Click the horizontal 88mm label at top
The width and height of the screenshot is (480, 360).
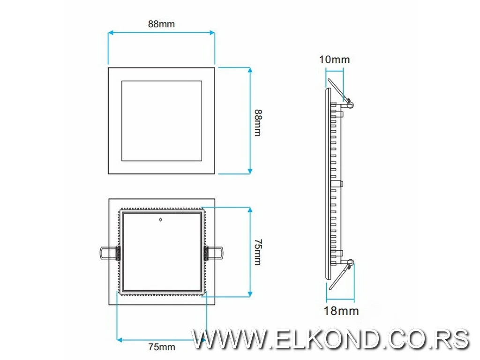click(x=161, y=24)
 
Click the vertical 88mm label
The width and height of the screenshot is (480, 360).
click(x=257, y=123)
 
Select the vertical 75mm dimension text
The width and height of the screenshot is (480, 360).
click(x=257, y=252)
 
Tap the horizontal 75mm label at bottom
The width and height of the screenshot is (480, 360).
click(x=161, y=347)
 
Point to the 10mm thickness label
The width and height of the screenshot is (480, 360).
click(x=334, y=60)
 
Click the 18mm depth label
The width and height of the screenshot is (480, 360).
click(x=341, y=311)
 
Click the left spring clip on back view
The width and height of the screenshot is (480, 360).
click(x=108, y=253)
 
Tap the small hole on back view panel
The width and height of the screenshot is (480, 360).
click(x=161, y=219)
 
